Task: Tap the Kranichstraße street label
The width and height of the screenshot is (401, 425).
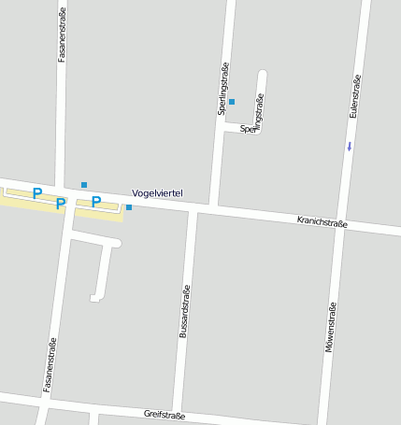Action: coord(322,222)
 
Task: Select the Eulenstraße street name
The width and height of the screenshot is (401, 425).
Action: coord(355,95)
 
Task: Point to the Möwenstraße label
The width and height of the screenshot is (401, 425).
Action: coord(330,328)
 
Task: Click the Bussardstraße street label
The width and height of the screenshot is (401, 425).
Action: coord(184,311)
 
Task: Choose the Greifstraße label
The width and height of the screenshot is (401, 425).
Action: coord(165,414)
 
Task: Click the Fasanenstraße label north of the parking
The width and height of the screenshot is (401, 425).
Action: coord(62,37)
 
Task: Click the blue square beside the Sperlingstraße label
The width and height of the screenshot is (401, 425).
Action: coord(232,101)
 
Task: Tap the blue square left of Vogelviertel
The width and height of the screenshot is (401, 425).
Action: coord(129,207)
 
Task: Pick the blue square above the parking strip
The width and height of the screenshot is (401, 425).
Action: coord(84,185)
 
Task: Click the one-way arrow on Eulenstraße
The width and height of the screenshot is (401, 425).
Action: coord(350,146)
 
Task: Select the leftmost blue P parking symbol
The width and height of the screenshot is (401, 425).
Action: coord(37,193)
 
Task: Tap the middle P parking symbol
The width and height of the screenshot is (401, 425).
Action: coord(61,203)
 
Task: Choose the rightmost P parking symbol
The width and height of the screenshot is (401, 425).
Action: coord(95,201)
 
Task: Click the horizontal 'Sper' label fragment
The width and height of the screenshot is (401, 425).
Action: coord(248,129)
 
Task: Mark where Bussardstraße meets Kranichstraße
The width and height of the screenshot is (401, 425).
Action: coord(193,210)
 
